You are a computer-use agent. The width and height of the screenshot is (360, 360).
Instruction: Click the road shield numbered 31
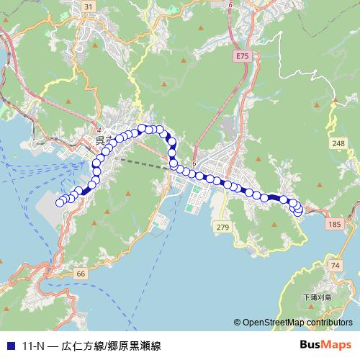88,6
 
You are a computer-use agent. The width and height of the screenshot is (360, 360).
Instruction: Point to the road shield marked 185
334,225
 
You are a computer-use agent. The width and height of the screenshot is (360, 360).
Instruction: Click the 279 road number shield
222,228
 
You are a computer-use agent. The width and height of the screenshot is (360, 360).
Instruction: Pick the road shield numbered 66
80,274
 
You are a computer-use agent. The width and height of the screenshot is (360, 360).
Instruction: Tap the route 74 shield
335,266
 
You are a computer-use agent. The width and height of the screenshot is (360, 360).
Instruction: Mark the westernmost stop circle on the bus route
60,202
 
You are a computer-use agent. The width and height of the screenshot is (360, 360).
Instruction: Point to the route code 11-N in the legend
33,346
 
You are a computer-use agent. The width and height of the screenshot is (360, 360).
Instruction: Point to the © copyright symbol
237,323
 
